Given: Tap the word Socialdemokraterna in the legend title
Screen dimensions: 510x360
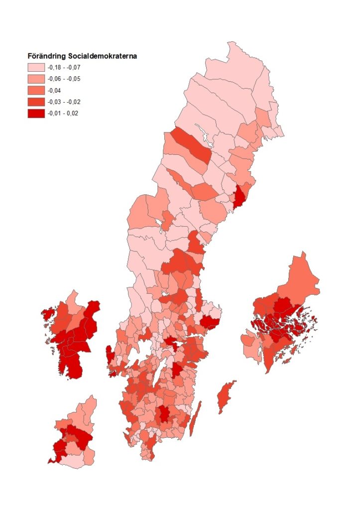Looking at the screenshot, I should tap(100, 56).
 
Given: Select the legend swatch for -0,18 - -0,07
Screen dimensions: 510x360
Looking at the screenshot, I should tap(35, 67).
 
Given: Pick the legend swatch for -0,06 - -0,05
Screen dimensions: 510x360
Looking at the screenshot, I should tap(35, 79).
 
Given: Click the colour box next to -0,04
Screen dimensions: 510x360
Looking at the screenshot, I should tap(35, 90).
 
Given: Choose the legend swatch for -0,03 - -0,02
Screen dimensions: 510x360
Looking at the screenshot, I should tap(35, 102).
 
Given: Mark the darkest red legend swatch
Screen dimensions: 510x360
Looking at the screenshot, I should tap(35, 113).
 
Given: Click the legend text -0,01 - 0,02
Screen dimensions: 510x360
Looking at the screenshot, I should tap(63, 113).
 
